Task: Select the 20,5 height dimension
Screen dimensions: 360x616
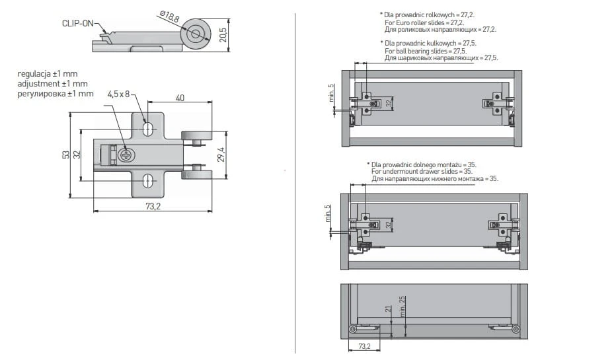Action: pos(223,33)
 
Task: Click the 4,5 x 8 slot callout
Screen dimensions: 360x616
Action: pos(119,94)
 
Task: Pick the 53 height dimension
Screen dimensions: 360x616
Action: pos(66,155)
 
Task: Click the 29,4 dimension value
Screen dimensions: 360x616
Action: pos(221,154)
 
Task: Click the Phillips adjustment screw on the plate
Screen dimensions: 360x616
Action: pos(126,155)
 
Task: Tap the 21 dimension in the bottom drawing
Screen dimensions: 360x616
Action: pos(388,310)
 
